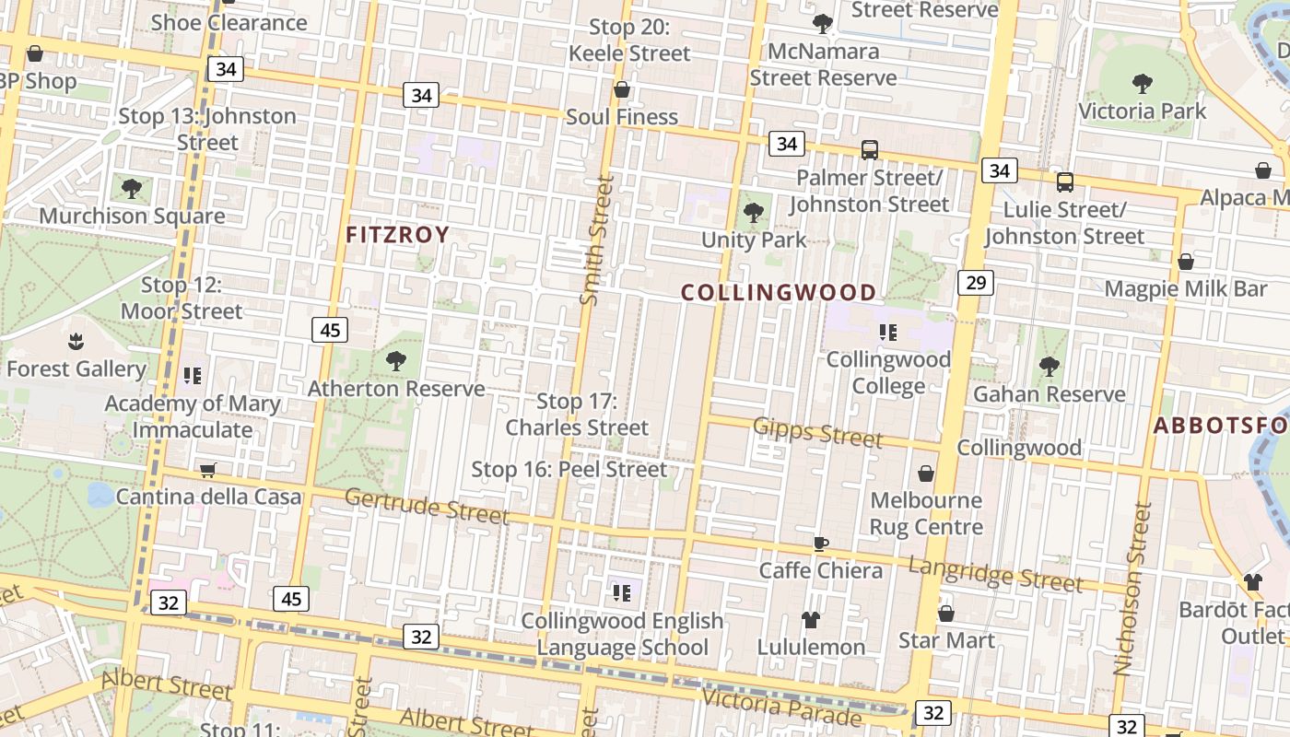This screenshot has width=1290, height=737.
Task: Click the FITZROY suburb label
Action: pos(397,235)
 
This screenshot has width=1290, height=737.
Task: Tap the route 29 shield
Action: pos(976,282)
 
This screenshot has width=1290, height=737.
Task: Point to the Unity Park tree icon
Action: pos(754,214)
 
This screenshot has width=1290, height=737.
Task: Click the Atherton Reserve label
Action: pos(396,389)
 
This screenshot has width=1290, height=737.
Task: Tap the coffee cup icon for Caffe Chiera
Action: pos(820,544)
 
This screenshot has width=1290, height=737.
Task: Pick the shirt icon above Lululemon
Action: pos(811,620)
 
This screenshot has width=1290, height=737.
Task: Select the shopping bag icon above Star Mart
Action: pos(946,614)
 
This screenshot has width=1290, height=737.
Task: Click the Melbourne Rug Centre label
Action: pos(926,514)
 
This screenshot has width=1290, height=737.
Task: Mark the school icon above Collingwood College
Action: pos(888,333)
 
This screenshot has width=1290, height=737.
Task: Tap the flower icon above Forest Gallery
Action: pos(76,343)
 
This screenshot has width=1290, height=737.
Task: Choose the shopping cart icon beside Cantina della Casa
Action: pos(208,471)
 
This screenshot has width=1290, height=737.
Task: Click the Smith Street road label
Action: pos(596,240)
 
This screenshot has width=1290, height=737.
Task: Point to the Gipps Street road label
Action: pos(817,431)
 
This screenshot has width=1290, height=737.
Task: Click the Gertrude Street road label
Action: pos(427,506)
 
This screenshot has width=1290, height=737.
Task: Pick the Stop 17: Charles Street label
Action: pos(577,415)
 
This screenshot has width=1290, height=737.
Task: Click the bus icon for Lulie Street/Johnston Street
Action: pos(1065,182)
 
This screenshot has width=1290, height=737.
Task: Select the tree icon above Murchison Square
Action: pos(132,190)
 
